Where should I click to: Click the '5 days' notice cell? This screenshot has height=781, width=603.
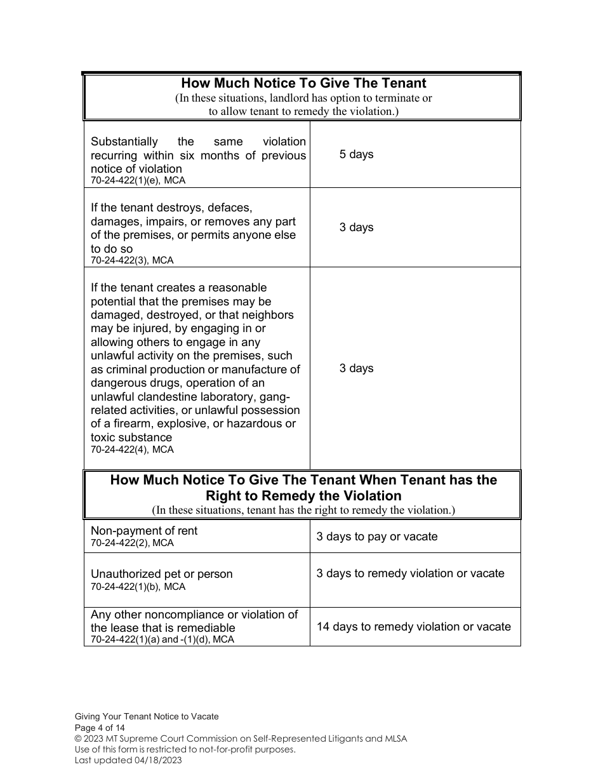click(x=356, y=154)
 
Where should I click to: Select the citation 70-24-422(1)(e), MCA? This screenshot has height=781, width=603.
click(x=138, y=180)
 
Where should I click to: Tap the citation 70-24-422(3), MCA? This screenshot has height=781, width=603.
click(x=131, y=260)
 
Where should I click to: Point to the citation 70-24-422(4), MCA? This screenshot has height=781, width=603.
click(x=131, y=450)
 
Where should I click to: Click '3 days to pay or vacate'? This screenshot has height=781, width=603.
click(x=377, y=537)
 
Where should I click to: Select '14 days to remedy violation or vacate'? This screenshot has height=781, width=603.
click(x=413, y=627)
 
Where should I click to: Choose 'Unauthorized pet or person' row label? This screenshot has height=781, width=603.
click(x=161, y=574)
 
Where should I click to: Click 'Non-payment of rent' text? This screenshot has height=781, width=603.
click(x=143, y=531)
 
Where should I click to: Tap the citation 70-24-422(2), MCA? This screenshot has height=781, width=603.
click(x=131, y=543)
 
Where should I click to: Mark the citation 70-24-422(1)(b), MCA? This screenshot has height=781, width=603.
click(x=138, y=587)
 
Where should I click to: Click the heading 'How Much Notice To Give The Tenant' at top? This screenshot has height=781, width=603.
click(x=303, y=83)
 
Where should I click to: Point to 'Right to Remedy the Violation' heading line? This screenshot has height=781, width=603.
click(x=303, y=496)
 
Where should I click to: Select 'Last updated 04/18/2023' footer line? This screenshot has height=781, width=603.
click(x=128, y=760)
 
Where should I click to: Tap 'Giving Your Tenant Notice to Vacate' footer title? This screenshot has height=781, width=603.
click(x=147, y=716)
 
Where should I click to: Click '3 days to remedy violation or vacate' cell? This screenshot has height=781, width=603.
click(x=410, y=573)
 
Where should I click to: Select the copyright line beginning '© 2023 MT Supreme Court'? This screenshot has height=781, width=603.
click(x=241, y=738)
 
